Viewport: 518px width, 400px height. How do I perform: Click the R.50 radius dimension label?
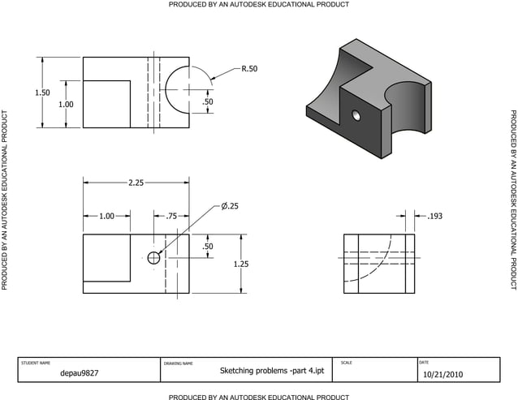tap(248, 69)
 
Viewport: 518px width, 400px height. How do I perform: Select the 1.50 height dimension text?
tap(41, 92)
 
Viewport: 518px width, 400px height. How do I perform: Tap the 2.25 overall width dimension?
tap(136, 183)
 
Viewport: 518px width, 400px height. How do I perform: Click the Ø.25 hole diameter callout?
tap(230, 206)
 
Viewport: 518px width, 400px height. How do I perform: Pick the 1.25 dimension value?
tap(241, 264)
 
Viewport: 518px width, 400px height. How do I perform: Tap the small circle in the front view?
tap(153, 258)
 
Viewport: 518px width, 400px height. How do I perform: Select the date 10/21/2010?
tap(442, 375)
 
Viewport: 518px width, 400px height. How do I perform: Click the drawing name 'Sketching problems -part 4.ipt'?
tap(272, 371)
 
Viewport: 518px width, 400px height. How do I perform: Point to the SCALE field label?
tap(347, 362)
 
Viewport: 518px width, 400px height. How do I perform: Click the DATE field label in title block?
tap(423, 362)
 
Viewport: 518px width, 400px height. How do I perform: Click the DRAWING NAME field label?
tap(178, 363)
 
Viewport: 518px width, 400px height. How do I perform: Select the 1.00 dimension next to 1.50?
tap(65, 105)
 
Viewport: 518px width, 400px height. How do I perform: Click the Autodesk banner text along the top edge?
tap(259, 5)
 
